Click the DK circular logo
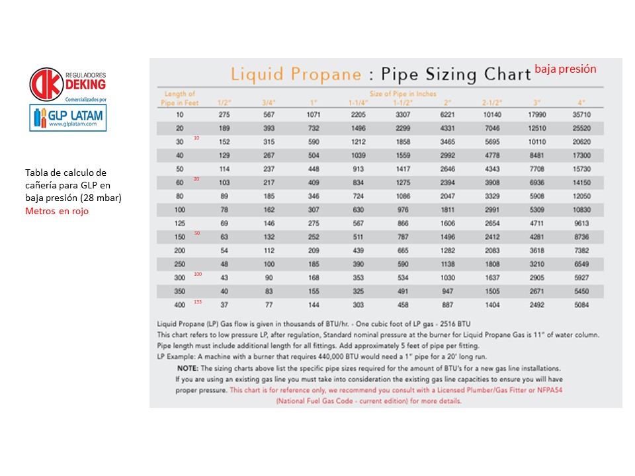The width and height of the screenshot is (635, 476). click(x=46, y=84)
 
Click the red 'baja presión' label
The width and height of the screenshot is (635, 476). click(x=566, y=69)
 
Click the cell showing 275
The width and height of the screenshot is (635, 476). click(x=224, y=114)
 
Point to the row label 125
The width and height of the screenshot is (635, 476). click(x=180, y=223)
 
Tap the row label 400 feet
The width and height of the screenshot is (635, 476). click(x=180, y=304)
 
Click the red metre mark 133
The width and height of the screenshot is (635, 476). click(x=198, y=301)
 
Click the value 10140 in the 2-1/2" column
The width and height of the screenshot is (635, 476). click(x=491, y=114)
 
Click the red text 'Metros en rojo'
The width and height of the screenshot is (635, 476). click(x=57, y=211)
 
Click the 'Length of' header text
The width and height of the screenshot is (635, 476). click(x=180, y=94)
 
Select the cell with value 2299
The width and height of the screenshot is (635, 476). click(x=402, y=128)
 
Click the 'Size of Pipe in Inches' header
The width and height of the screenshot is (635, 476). click(x=402, y=94)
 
